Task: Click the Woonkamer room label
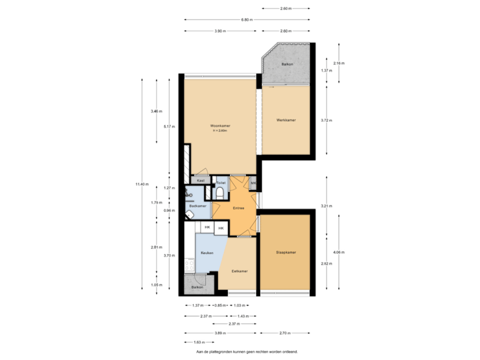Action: pos(220,125)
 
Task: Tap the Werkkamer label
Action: pos(286,120)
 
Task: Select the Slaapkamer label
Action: pos(285,252)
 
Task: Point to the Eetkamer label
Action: pos(240,271)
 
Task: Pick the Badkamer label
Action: pos(197,207)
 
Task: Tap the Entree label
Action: pos(238,209)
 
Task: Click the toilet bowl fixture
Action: pos(221,193)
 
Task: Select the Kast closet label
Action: pos(200,181)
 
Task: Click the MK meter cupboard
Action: pos(253,182)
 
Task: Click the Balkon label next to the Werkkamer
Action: pos(287,65)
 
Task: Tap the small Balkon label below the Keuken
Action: pos(197,287)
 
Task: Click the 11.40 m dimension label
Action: pos(142,183)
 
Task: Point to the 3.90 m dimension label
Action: pos(220,31)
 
